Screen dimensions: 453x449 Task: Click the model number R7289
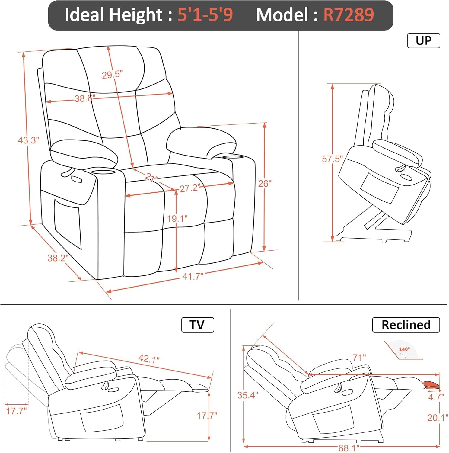point(349,15)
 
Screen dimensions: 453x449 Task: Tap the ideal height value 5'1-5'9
point(205,15)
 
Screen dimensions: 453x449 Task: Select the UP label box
point(423,41)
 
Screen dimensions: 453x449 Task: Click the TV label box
point(197,325)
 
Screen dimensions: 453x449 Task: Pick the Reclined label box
point(406,325)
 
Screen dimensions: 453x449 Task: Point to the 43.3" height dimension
point(28,140)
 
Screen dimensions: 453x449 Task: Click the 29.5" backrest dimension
point(112,75)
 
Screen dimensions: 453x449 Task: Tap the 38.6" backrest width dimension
point(85,98)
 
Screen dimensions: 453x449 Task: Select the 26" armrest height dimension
point(265,184)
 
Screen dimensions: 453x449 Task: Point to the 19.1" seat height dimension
point(177,219)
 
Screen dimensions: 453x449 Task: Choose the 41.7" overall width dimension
point(193,276)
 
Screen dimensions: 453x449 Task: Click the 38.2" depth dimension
point(58,258)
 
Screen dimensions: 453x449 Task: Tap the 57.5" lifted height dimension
point(332,159)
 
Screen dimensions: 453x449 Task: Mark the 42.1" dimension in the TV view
point(149,359)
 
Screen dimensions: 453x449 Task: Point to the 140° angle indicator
point(404,350)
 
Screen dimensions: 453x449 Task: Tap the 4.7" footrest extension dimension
point(436,397)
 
